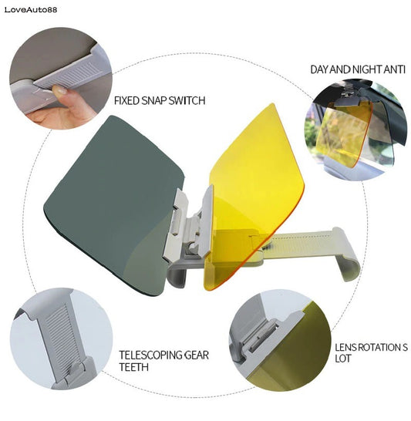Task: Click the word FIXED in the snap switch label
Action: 128,100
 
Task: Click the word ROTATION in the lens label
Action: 376,348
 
